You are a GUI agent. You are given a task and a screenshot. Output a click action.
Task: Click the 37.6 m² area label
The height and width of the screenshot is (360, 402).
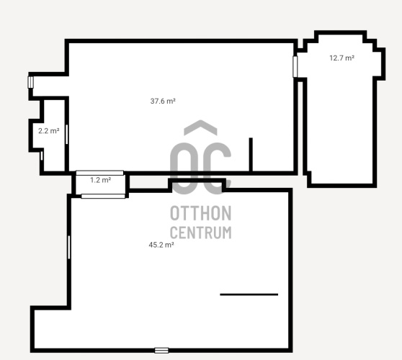[163, 101]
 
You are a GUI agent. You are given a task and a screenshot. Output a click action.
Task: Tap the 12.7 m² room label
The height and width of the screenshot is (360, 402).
[342, 58]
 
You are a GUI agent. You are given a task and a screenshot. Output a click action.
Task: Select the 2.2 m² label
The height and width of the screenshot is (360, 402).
[49, 131]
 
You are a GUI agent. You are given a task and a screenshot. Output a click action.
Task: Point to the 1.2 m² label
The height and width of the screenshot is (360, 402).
[101, 180]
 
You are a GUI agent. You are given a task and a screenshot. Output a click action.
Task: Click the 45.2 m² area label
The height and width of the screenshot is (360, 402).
[161, 245]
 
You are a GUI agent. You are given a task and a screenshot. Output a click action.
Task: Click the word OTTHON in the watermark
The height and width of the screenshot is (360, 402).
[201, 213]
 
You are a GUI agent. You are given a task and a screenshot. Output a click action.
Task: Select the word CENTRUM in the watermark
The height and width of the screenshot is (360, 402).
[201, 233]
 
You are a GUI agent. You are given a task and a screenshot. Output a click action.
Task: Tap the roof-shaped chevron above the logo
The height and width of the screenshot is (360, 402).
[200, 127]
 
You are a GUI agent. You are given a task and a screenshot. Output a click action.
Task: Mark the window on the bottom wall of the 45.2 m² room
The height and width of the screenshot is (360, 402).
[161, 350]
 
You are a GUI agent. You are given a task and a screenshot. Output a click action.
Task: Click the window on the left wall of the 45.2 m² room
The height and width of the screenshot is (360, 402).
[69, 247]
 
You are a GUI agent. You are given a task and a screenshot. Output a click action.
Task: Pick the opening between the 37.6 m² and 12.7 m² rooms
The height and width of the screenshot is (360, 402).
[295, 67]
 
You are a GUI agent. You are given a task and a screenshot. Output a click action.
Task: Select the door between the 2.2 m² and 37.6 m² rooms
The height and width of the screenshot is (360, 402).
[67, 134]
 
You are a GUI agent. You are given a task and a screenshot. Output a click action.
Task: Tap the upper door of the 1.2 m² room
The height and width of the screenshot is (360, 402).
[99, 173]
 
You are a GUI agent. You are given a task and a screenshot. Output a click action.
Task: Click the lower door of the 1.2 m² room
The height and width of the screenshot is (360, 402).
[103, 197]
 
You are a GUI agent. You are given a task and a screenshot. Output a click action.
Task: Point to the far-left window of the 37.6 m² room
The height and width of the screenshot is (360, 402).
[31, 82]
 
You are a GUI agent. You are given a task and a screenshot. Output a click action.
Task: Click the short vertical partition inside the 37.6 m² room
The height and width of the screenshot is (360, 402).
[251, 155]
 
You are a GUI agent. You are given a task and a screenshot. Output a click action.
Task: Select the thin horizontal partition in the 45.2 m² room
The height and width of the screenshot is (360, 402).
[249, 294]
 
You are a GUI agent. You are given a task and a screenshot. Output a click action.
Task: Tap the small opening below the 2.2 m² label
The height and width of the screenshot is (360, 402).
[42, 156]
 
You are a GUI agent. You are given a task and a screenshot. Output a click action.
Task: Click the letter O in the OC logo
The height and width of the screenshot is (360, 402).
[184, 168]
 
